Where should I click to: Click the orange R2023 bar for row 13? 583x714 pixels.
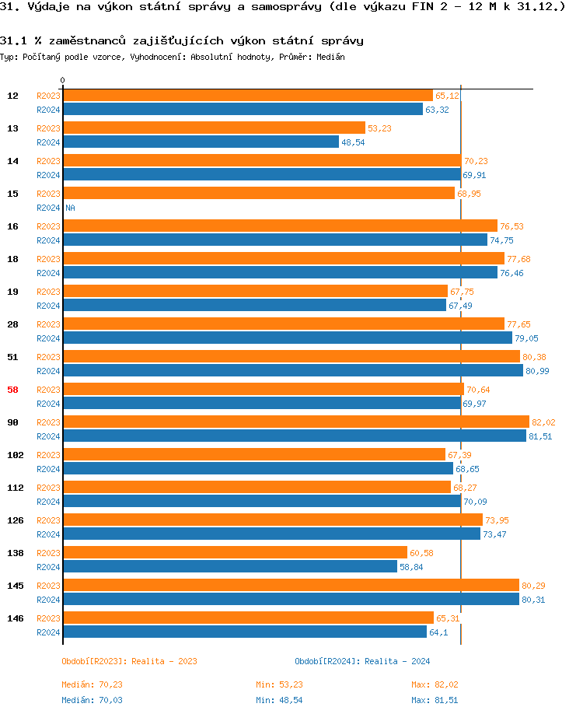coord(214,128)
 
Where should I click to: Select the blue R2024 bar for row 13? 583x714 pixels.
coord(201,142)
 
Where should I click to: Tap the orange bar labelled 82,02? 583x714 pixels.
coord(295,422)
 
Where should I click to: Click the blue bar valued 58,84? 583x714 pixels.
coord(230,566)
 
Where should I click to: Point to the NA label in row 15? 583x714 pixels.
coord(70,208)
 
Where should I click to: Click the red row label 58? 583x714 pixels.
coord(12,390)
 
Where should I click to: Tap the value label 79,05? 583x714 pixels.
coord(527,338)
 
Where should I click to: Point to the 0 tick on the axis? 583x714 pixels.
coord(63,81)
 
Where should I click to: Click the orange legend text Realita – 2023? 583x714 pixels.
coord(164,661)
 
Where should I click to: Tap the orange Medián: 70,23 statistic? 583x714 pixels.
coord(93,684)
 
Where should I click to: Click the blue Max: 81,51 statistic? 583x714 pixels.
coord(435,700)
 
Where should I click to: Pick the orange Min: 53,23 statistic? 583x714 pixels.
coord(279,684)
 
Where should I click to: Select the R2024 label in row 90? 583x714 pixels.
coord(48,436)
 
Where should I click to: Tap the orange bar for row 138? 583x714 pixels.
coord(235,552)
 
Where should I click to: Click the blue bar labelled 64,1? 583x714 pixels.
coord(245,632)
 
